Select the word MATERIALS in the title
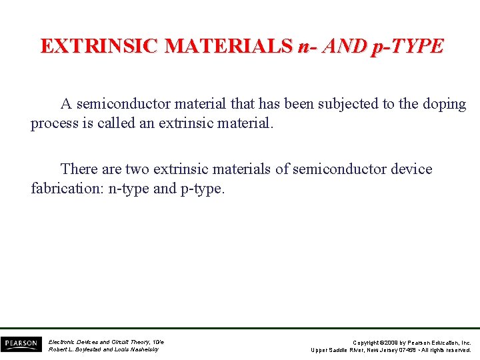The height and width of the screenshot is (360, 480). click(x=228, y=46)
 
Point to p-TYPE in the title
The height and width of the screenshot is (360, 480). click(x=409, y=46)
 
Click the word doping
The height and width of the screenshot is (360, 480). click(x=443, y=104)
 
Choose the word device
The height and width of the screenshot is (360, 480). click(x=410, y=169)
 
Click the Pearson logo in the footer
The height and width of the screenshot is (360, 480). click(x=20, y=344)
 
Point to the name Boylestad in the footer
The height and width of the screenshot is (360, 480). click(x=93, y=349)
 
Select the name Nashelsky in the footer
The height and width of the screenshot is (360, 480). click(x=143, y=349)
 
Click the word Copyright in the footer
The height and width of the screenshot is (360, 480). click(x=367, y=342)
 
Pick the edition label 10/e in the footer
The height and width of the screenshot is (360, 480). click(x=157, y=341)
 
